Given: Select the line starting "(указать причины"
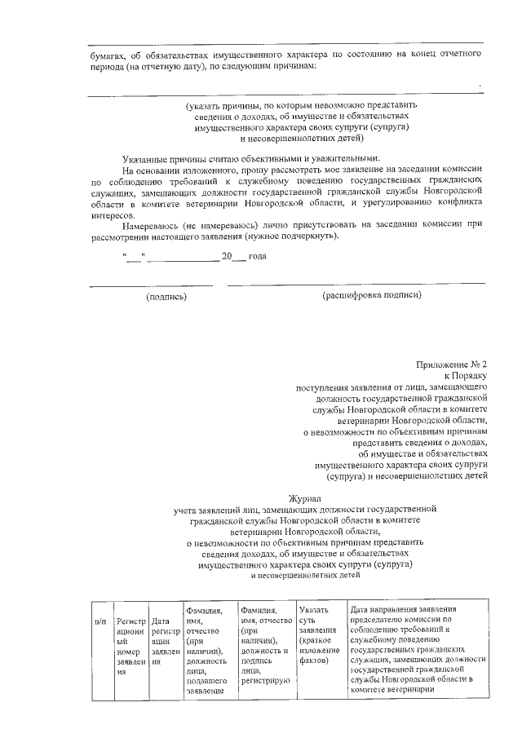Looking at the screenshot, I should (x=301, y=105).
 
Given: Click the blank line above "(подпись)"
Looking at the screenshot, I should (x=152, y=285).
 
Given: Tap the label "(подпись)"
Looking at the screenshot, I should (x=166, y=297).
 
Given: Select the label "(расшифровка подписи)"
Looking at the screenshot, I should (x=372, y=295).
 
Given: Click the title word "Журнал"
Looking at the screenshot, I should (x=306, y=497).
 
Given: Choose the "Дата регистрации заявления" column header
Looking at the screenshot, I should (x=166, y=644).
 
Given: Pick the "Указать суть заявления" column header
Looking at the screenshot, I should (x=319, y=635).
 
